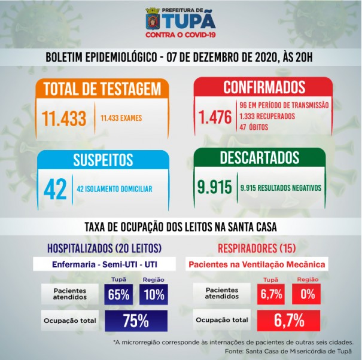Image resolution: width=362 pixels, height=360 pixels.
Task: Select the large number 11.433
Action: [64, 118]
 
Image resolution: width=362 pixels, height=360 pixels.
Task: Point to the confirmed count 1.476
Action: [214, 117]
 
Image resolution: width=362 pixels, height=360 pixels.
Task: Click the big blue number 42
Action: [54, 188]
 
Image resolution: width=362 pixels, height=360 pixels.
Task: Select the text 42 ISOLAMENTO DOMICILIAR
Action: [114, 189]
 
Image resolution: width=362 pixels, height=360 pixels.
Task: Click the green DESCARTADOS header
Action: [259, 158]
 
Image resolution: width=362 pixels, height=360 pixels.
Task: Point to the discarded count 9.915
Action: [214, 187]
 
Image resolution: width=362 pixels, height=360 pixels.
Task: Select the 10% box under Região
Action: [154, 294]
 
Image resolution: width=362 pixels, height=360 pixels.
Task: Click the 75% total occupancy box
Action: [136, 321]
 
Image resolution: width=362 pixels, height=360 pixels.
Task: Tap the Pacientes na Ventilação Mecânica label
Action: [257, 264]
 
